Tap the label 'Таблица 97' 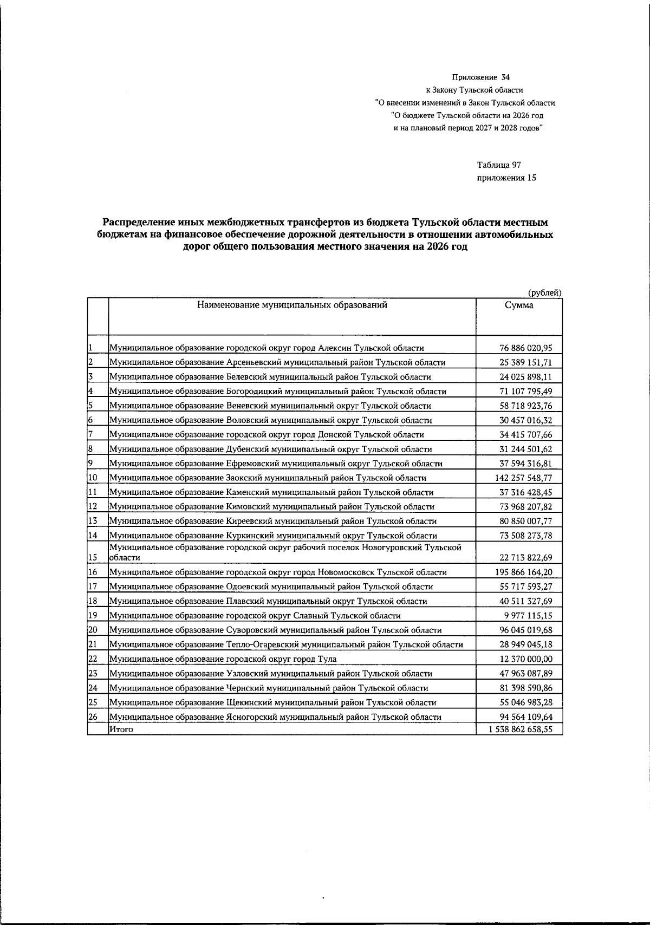[x=499, y=165]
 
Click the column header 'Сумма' [x=518, y=305]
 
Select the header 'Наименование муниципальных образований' [x=292, y=305]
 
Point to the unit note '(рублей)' [x=544, y=292]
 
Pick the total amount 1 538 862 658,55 [x=518, y=729]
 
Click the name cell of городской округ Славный [x=255, y=616]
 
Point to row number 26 [x=93, y=717]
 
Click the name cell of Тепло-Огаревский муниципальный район [x=286, y=644]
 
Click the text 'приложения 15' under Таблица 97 [x=506, y=178]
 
